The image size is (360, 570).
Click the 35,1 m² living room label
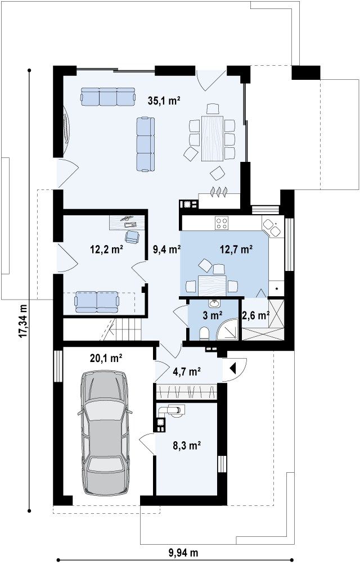coord(164,101)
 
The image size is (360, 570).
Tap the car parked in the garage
coord(105,432)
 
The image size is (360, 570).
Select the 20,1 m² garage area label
coord(106,359)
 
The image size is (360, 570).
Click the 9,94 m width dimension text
coord(183,553)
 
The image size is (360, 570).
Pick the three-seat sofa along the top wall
coord(107,96)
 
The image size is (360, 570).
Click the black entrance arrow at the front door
coord(233,369)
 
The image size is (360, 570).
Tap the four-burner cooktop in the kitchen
coord(222,223)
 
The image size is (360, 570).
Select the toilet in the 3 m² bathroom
coord(204,333)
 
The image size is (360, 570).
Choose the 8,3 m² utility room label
coord(187,445)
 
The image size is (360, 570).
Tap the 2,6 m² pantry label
coord(255,315)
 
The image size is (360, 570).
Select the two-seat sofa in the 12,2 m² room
coord(96,302)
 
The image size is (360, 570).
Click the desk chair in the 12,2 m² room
coord(132,236)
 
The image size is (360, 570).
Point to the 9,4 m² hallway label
coord(167,249)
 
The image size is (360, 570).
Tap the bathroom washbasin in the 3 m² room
coord(214,303)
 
